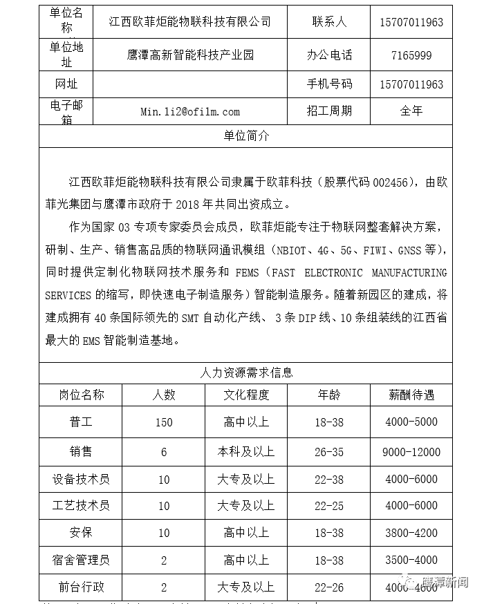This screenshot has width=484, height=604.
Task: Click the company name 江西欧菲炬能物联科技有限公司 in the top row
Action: coord(189,21)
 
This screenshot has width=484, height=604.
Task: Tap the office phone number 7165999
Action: coord(411,55)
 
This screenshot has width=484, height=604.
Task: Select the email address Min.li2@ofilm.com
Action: coord(189,111)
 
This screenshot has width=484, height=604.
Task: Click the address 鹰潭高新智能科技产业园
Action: coord(191,55)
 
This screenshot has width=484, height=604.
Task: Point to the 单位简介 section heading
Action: coord(246,135)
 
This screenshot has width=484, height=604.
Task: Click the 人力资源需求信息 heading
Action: coord(246,372)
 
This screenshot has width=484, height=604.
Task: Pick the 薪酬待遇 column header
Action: coord(411,395)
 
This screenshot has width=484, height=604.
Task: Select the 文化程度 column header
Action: coord(246,395)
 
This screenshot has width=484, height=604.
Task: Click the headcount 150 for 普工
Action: coord(164,422)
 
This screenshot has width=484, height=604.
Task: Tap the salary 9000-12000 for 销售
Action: coord(411,452)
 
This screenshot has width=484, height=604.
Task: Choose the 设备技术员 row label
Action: coord(81,479)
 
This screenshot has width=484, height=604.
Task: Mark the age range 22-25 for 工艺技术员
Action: coord(328,506)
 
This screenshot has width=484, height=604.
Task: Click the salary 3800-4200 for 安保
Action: coord(411,533)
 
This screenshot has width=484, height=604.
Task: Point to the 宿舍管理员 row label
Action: coord(81,560)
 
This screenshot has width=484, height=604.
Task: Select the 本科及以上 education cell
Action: coord(246,452)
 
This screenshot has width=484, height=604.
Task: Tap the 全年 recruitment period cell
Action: coord(411,111)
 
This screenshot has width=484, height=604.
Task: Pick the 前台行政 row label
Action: coord(81,587)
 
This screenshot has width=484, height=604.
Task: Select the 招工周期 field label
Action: coord(329,111)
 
